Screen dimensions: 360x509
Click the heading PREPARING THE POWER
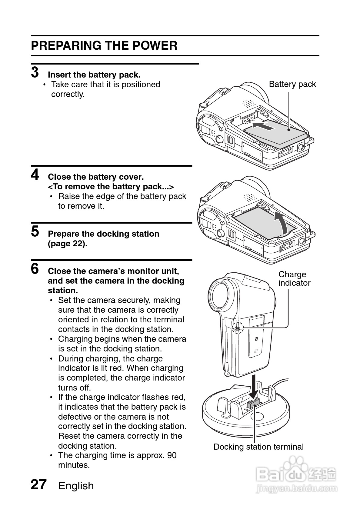click(104, 45)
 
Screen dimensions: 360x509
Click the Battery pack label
click(292, 84)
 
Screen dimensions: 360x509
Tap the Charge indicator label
click(294, 279)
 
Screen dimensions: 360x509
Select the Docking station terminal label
click(259, 447)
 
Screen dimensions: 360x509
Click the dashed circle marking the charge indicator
click(238, 328)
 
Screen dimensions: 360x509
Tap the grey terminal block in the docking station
click(253, 403)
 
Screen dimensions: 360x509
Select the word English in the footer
click(76, 486)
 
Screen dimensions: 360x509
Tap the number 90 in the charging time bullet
click(172, 455)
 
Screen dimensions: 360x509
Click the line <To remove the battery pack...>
click(111, 187)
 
